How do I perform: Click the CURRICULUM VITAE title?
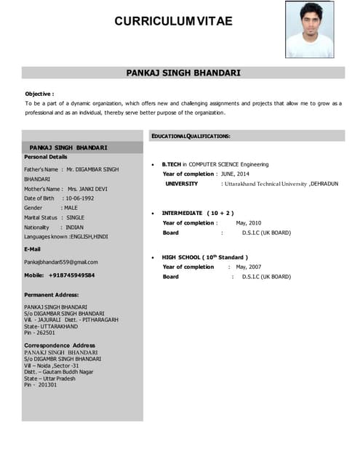point(173,21)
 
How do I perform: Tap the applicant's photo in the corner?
point(309,30)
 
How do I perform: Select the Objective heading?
point(39,94)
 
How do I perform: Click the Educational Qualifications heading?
point(191,136)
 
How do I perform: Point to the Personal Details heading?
point(46,157)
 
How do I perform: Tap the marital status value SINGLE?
point(76,217)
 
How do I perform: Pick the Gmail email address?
point(61,262)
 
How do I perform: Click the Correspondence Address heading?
point(60,344)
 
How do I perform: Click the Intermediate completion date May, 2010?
point(249,223)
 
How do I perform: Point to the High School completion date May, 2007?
point(249,267)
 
